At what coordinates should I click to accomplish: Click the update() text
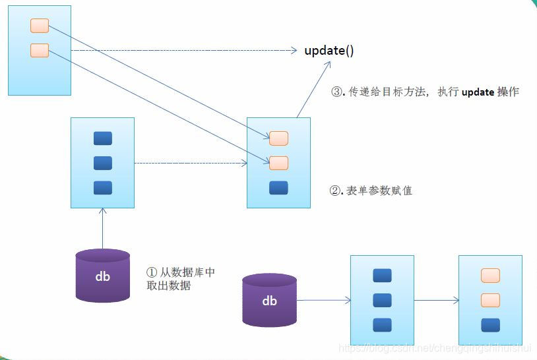click(x=334, y=51)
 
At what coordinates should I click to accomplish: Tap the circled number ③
click(x=336, y=92)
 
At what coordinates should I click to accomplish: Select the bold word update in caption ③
click(x=478, y=92)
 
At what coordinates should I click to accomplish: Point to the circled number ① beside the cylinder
click(x=151, y=272)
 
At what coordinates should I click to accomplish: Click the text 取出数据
click(x=169, y=285)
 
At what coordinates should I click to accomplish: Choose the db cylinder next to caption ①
click(x=102, y=276)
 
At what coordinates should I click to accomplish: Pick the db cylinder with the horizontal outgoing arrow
click(x=269, y=300)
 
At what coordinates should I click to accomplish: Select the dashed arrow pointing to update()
click(x=185, y=50)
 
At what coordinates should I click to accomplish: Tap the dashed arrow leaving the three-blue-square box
click(x=191, y=162)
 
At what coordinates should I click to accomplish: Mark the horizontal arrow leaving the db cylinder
click(x=323, y=301)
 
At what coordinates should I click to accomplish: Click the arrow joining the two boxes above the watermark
click(x=436, y=301)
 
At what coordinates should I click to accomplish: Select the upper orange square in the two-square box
click(x=40, y=26)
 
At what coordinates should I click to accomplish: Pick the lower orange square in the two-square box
click(x=40, y=50)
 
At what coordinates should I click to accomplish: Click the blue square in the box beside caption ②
click(x=278, y=188)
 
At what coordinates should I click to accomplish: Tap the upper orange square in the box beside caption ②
click(x=278, y=138)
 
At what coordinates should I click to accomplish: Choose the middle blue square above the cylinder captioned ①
click(x=102, y=163)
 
